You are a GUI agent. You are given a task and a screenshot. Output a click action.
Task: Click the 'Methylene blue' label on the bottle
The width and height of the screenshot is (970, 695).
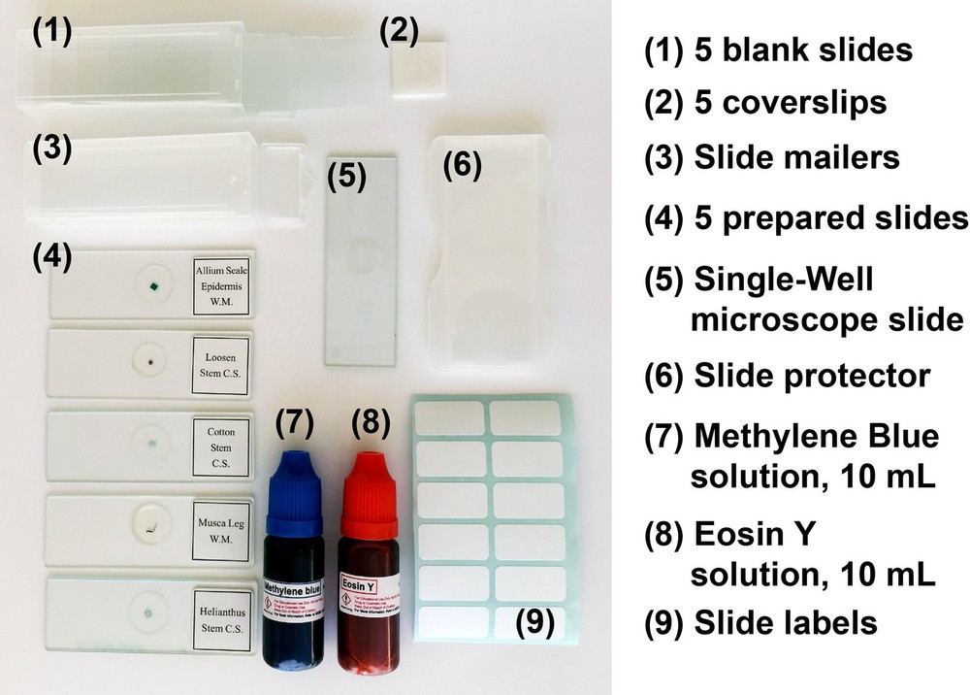[x=292, y=587]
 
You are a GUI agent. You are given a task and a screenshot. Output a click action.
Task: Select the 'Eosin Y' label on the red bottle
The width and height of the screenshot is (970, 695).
[x=362, y=585]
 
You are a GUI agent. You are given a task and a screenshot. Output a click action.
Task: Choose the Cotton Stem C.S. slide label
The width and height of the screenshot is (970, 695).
[x=221, y=443]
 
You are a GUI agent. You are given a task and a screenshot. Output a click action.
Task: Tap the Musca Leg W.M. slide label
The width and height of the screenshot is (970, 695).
[x=222, y=524]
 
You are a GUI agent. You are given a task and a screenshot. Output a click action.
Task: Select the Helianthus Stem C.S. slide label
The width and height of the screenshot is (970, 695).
[x=223, y=610]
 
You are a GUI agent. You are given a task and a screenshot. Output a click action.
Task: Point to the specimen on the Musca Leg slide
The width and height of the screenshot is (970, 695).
[x=148, y=527]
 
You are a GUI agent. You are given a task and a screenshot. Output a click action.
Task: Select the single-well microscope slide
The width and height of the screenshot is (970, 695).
[x=361, y=258]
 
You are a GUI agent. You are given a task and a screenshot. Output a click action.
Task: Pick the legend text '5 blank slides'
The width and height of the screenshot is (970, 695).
[x=804, y=50]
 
